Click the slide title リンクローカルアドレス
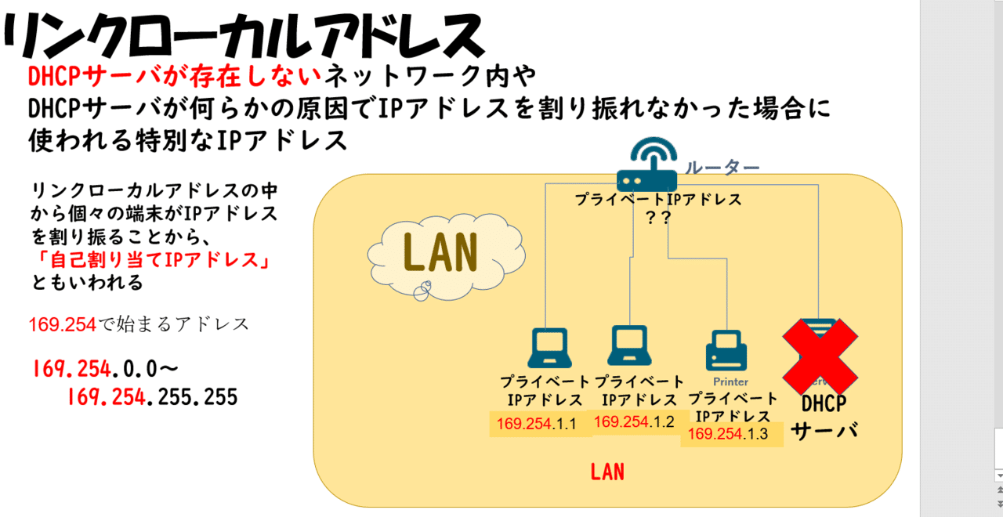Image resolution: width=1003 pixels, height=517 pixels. point(243,35)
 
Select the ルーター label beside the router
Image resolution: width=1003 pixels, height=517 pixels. point(722,168)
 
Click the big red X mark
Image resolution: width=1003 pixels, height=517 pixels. point(820,356)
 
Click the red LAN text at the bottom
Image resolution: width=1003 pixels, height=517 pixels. point(607,472)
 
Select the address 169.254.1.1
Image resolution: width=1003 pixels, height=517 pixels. point(536,425)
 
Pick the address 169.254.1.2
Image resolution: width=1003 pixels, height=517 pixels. point(634,422)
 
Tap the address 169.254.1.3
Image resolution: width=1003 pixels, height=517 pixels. point(728,434)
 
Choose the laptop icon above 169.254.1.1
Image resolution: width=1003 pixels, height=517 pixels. point(549,348)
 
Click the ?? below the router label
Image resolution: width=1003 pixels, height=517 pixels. point(658,219)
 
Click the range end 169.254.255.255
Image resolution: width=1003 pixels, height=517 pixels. point(152,397)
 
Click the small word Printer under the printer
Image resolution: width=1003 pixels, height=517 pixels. point(730,381)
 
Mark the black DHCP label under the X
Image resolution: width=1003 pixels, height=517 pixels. point(824,403)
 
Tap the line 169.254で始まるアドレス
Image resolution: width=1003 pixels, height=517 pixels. point(139,324)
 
